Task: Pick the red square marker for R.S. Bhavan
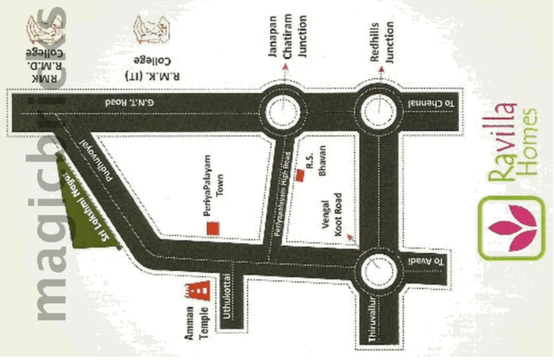pyautogui.click(x=300, y=175)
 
